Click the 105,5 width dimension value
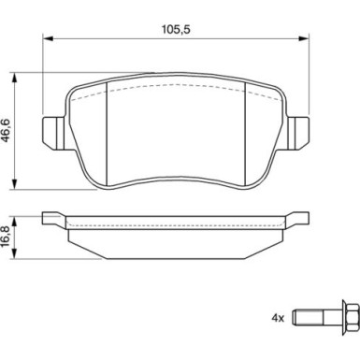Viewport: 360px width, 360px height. click(x=176, y=30)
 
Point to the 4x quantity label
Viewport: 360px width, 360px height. click(x=278, y=318)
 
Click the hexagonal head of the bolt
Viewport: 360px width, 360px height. click(x=351, y=318)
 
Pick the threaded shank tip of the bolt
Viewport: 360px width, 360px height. click(x=295, y=318)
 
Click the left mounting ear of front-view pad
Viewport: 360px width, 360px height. click(x=54, y=133)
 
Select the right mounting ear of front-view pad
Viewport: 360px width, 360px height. click(x=298, y=133)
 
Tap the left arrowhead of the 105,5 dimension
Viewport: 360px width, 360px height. click(x=48, y=38)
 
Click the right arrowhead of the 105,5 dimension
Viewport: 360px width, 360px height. click(x=304, y=38)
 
